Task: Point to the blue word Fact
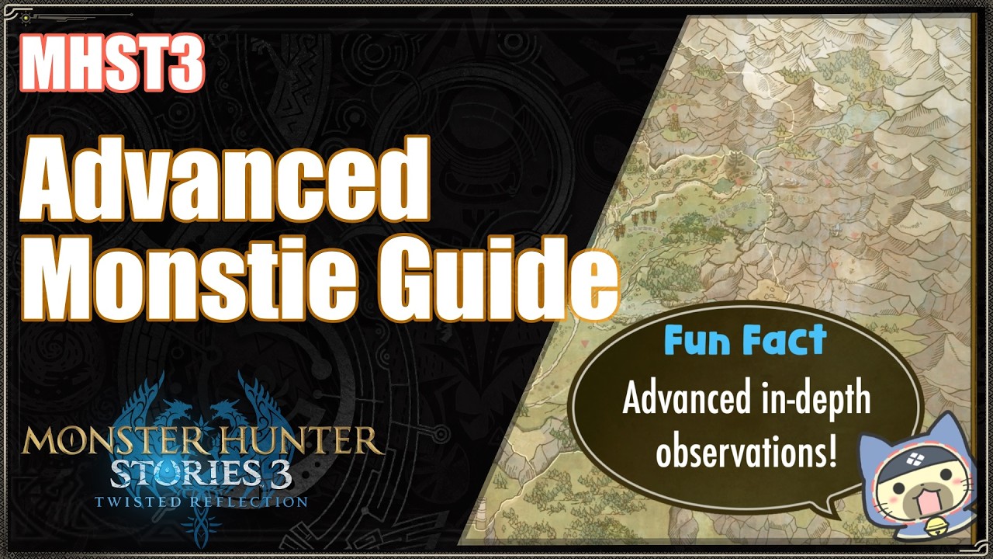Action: coord(784,342)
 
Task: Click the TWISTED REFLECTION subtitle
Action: coord(202,502)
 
